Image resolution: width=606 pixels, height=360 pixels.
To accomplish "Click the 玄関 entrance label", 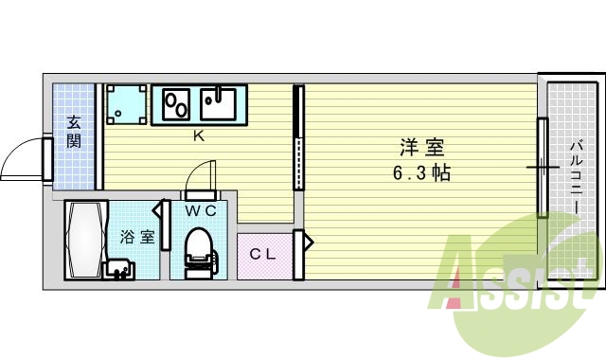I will point(73,132).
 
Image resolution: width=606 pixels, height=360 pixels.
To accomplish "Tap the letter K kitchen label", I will point(199,136).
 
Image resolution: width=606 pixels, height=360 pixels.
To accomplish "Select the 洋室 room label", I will point(421,149).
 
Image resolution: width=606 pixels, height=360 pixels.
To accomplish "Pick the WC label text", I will point(202,210).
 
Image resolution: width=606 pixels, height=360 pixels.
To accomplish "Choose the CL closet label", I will point(262,254).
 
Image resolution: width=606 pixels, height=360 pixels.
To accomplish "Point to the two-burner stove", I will point(176,104).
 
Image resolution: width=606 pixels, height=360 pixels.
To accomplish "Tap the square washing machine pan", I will point(126,105).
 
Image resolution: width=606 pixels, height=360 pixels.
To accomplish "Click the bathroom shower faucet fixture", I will point(120,271).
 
